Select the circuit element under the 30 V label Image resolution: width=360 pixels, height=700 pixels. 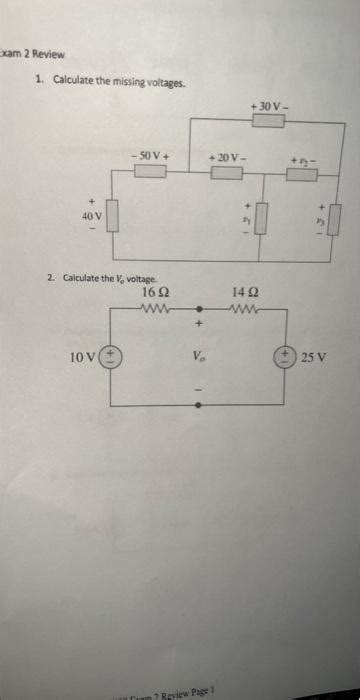click(268, 121)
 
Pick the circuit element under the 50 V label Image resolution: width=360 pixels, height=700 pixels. click(150, 172)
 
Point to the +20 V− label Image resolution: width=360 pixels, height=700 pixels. click(225, 158)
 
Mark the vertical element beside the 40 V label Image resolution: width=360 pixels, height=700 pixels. click(113, 214)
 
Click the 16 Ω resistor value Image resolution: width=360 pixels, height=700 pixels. click(155, 291)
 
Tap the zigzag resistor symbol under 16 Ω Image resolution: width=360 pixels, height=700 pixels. click(159, 307)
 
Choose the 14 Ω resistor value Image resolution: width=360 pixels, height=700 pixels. click(245, 291)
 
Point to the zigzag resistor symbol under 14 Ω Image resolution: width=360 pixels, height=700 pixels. click(246, 307)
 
